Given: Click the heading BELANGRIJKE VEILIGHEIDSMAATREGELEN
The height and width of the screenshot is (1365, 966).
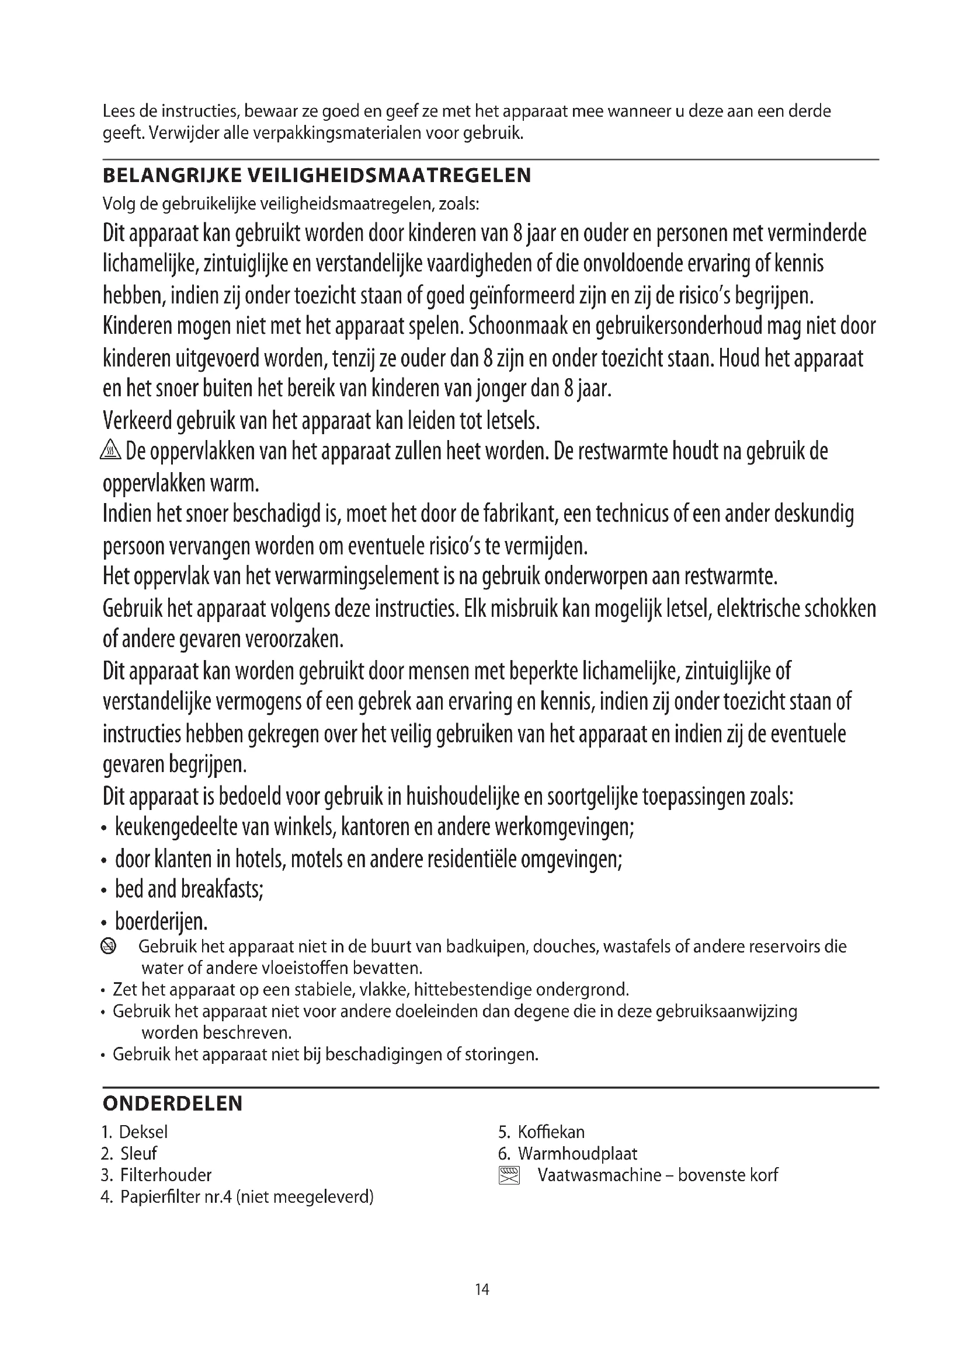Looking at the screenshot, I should [x=317, y=176].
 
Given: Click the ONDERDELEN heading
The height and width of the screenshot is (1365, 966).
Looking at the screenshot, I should [x=172, y=1104].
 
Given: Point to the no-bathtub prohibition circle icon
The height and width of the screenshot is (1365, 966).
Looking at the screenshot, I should [x=109, y=946].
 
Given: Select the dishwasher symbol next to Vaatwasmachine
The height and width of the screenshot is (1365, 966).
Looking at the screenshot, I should [x=509, y=1175].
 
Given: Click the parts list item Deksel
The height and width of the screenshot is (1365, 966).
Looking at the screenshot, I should [x=143, y=1132].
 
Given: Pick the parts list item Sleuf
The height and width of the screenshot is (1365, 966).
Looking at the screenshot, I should [x=138, y=1153].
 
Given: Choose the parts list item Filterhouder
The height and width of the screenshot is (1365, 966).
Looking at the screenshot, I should [x=166, y=1175].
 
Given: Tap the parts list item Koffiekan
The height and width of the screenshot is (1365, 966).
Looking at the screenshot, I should [x=551, y=1132].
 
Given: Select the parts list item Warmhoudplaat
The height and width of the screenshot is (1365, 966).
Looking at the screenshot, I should [x=578, y=1153].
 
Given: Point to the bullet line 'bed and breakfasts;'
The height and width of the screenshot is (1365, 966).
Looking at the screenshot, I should [x=189, y=889].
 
